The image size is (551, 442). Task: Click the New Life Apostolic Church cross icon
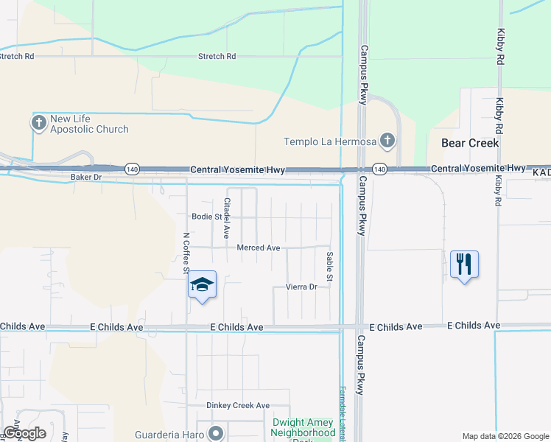pos(38,123)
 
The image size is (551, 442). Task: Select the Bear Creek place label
pos(470,142)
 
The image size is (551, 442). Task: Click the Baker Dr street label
pos(85,178)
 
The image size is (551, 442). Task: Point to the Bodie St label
pos(206,217)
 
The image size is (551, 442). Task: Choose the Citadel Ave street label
pos(228,218)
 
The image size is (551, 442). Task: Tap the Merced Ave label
pos(258,248)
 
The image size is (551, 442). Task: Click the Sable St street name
pos(330,266)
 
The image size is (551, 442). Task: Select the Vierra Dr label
pos(301,287)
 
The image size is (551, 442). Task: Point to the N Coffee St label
pos(186,253)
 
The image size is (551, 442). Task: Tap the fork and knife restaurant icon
pos(464,264)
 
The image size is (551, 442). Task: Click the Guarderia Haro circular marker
pos(215,433)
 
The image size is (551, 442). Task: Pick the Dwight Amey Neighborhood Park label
pos(303,428)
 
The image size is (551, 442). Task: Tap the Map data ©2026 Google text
pos(505,436)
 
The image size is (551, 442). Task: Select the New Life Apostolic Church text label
pos(89,124)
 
